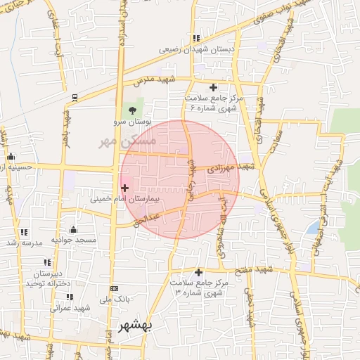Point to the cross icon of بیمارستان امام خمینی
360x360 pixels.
tap(125, 188)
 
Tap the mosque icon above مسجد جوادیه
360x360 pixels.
tap(74, 229)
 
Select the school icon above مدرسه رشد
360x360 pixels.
tap(24, 232)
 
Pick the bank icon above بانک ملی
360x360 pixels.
tap(115, 289)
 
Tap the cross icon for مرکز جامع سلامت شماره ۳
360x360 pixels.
tap(199, 272)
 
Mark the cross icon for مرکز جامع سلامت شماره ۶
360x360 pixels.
tap(214, 87)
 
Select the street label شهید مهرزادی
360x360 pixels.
tap(233, 167)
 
